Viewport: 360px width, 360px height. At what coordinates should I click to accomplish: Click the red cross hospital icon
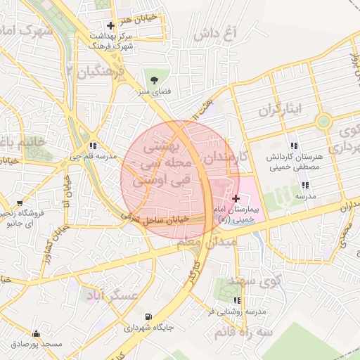[x=235, y=199]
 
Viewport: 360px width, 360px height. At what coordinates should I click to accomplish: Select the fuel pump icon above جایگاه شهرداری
[x=148, y=316]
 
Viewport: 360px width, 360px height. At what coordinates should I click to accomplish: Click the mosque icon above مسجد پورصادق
[x=36, y=333]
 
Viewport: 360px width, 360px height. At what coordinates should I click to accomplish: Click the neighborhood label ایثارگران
[x=278, y=110]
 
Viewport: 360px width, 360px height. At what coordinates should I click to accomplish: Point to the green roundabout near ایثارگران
[x=323, y=121]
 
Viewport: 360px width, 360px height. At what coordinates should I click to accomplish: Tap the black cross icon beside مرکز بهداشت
[x=110, y=25]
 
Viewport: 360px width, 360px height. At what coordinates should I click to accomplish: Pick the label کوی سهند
[x=258, y=281]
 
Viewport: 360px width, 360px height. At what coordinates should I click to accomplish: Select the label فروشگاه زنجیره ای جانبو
[x=25, y=219]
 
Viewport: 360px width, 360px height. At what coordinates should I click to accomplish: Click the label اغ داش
[x=226, y=33]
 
